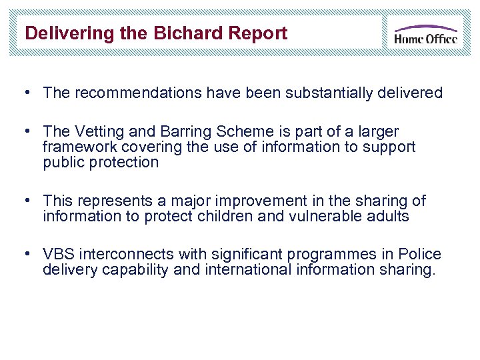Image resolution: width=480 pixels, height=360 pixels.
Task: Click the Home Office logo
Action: click(x=425, y=33)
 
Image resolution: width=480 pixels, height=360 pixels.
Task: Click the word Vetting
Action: click(x=100, y=131)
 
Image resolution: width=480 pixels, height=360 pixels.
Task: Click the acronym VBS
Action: click(x=58, y=254)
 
